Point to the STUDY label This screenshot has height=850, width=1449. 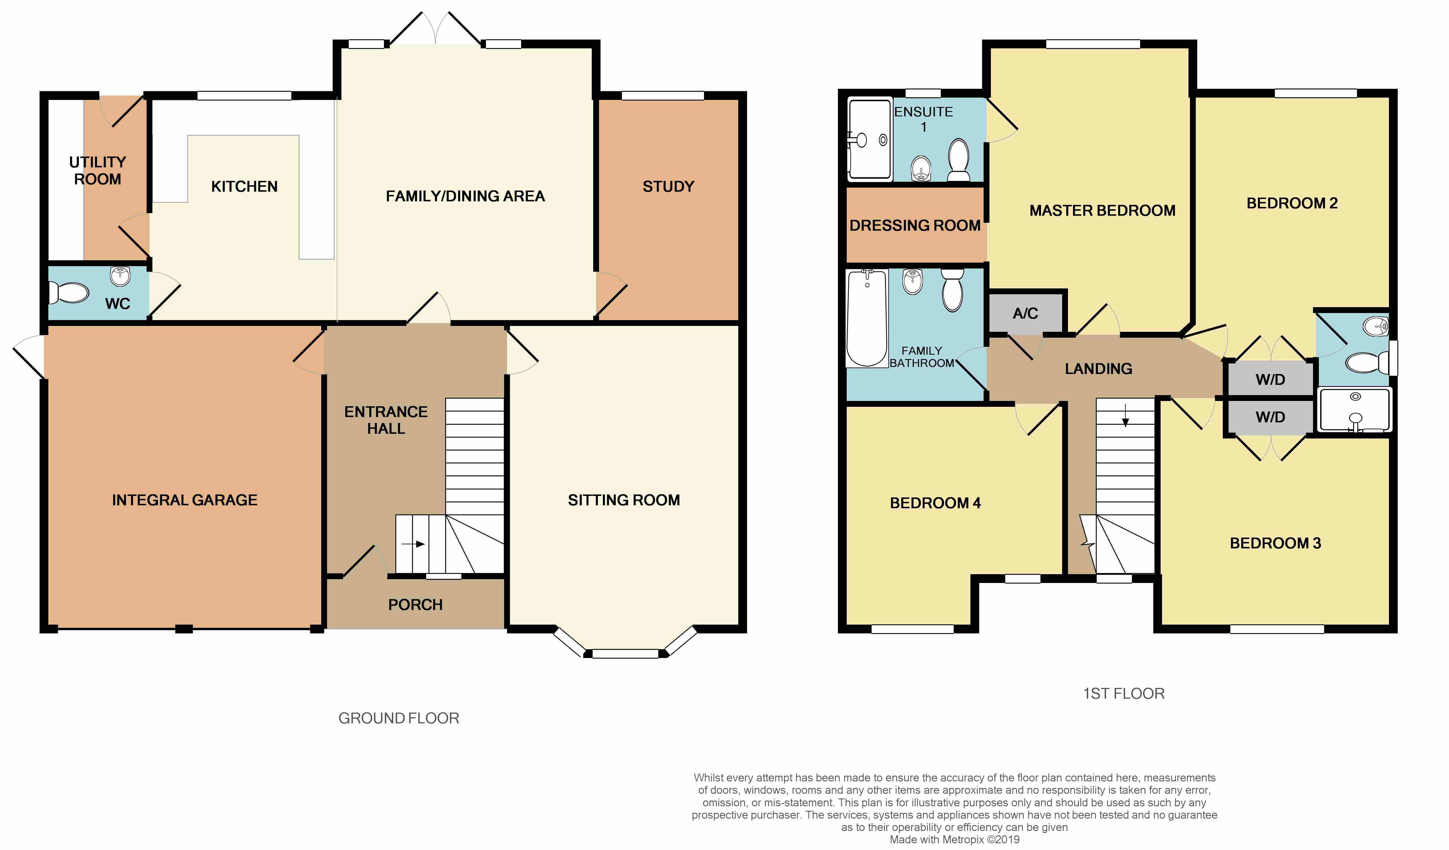(x=668, y=186)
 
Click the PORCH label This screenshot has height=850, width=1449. (x=415, y=604)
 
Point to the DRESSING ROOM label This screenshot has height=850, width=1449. (x=915, y=225)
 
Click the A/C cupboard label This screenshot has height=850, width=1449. (x=1025, y=313)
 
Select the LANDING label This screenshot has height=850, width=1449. (x=1098, y=369)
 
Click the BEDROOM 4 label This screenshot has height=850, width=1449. (x=935, y=503)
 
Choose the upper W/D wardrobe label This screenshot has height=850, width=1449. (x=1270, y=380)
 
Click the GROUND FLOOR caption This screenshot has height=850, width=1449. (x=399, y=718)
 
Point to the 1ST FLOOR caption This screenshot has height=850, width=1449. (x=1124, y=693)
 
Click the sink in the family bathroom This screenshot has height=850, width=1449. (x=913, y=282)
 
